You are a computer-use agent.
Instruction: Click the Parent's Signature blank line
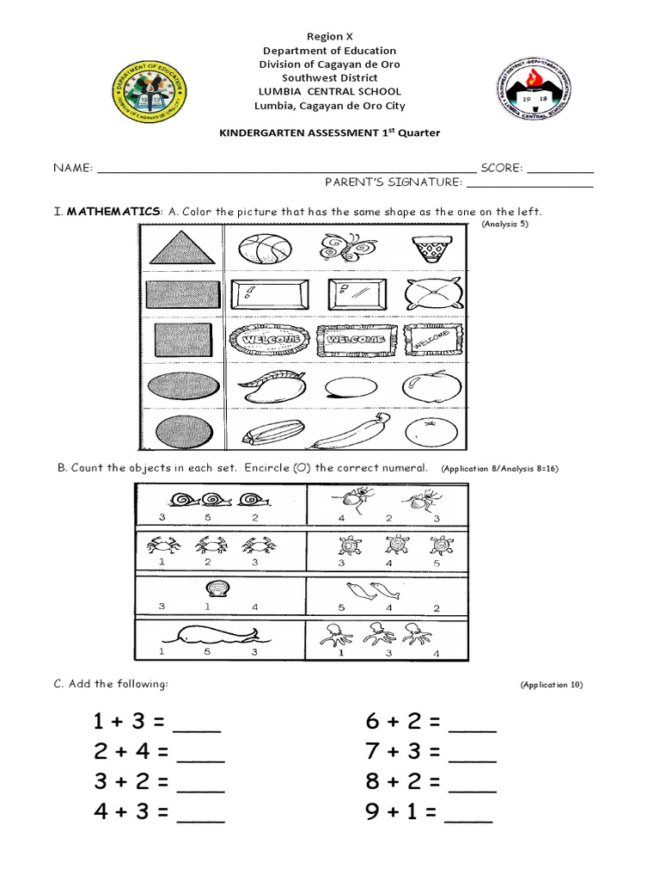tap(529, 182)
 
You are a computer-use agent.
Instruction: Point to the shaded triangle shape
tap(181, 250)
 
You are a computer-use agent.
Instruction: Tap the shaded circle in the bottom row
tap(180, 430)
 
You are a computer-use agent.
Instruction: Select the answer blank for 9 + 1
tap(469, 812)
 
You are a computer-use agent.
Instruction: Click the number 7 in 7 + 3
tap(372, 751)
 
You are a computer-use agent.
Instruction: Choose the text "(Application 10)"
tap(552, 685)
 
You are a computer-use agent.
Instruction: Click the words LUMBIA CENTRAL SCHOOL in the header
tap(329, 91)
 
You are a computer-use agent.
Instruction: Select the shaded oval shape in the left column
tap(181, 386)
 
